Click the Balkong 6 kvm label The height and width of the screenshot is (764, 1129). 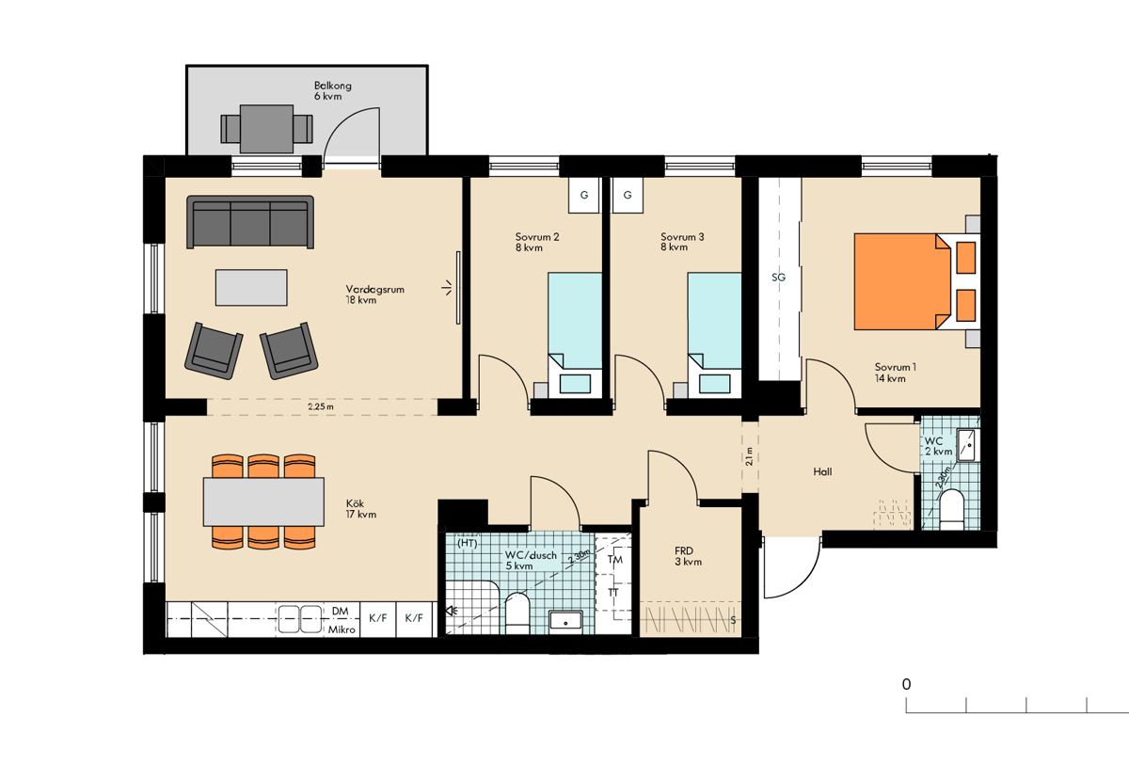point(333,90)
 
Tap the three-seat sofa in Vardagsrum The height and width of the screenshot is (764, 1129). point(250,222)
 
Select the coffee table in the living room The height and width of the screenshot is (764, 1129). point(251,287)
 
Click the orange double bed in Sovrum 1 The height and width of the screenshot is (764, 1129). point(902,281)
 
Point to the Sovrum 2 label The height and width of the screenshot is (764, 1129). point(537,236)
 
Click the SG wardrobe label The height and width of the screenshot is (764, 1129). point(779,278)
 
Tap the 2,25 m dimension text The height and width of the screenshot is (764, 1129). point(321,406)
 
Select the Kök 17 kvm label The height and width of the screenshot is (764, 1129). point(361,508)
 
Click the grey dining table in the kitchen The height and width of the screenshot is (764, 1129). point(263,501)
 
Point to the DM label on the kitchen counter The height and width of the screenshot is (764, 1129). point(341,611)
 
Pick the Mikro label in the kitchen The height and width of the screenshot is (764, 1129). point(342,629)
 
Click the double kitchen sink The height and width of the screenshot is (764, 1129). point(300,619)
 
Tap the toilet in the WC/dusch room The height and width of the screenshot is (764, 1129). point(517,613)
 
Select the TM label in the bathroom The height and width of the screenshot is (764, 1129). point(615,560)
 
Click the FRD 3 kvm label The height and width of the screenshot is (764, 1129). point(688,556)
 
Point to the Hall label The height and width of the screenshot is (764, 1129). point(822,471)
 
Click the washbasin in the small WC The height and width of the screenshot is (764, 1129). point(968,445)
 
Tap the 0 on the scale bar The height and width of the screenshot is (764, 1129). point(906,684)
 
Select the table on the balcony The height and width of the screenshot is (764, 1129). point(266,129)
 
